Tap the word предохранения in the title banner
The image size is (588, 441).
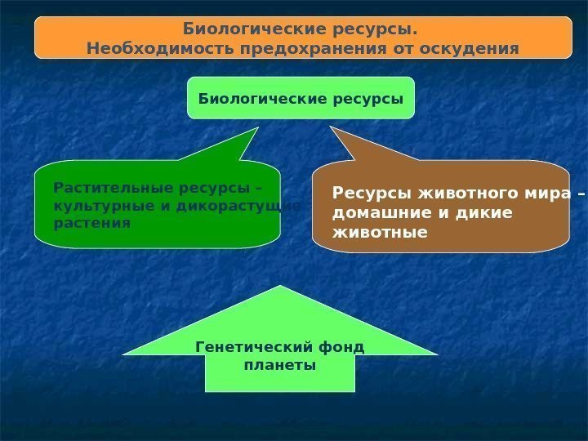pyautogui.click(x=286, y=49)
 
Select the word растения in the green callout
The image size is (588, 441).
pyautogui.click(x=91, y=222)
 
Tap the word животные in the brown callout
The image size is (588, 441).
pyautogui.click(x=380, y=232)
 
